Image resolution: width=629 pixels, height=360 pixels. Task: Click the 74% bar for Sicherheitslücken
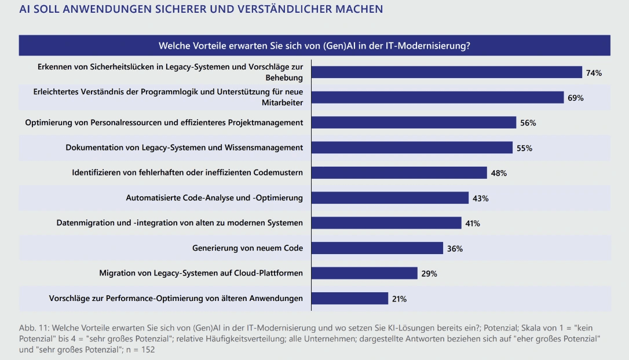(x=447, y=72)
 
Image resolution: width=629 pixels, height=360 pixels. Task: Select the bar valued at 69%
(x=437, y=97)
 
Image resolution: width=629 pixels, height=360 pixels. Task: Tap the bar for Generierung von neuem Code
(x=377, y=248)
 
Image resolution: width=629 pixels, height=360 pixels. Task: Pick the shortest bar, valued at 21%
(x=350, y=298)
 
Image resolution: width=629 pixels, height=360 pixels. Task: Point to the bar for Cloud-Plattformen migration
(x=364, y=273)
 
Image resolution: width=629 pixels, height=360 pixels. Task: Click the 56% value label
(x=528, y=123)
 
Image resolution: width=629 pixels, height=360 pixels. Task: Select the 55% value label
(x=524, y=148)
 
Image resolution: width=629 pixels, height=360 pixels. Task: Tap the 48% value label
(x=499, y=173)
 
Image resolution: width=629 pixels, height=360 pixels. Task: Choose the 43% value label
(x=481, y=198)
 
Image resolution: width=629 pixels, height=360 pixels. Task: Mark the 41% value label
(x=472, y=223)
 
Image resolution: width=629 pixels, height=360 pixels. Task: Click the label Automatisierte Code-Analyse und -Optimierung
(x=214, y=198)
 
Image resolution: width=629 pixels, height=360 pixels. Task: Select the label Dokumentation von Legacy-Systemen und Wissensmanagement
(x=184, y=148)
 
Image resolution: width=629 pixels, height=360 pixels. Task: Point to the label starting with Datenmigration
(x=180, y=223)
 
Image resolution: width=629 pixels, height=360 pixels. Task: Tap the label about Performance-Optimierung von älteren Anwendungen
(x=176, y=298)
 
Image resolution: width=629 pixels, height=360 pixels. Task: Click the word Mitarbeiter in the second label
(x=283, y=102)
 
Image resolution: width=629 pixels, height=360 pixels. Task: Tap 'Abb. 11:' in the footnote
(x=34, y=328)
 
